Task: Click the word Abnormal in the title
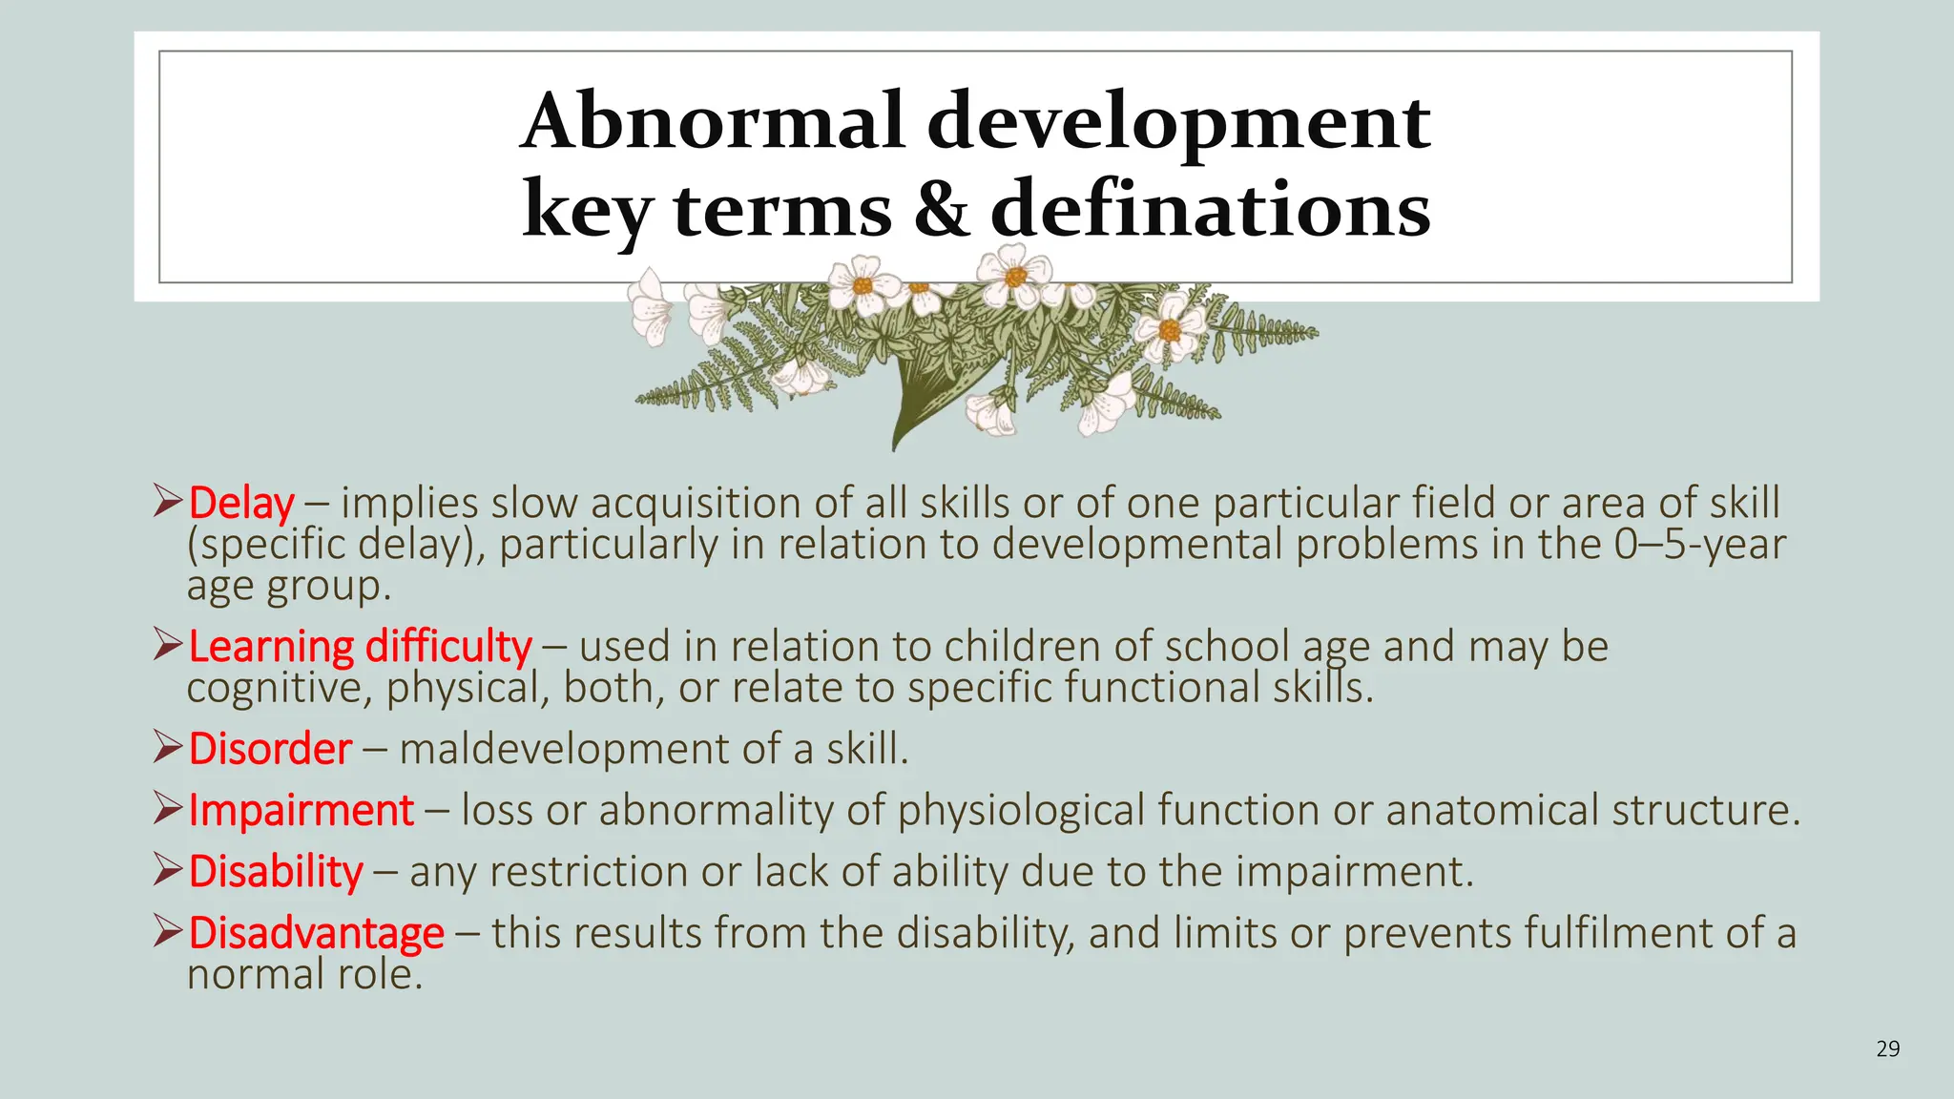(711, 122)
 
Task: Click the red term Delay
(241, 503)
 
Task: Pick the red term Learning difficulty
(360, 646)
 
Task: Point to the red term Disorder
(270, 749)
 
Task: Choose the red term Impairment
(301, 810)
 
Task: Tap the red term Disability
(276, 871)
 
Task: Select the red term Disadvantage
(316, 932)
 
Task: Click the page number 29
(1887, 1049)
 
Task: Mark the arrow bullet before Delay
(167, 501)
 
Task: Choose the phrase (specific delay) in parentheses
(336, 545)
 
